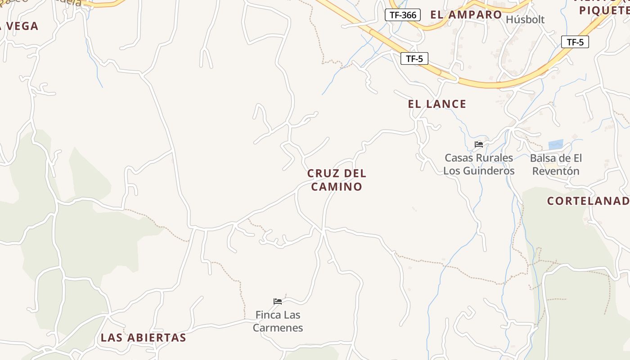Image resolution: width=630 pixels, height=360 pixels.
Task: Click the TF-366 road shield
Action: (403, 15)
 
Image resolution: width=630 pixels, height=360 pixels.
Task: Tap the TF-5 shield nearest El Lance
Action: (414, 58)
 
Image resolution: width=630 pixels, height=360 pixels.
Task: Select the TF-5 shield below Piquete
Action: (575, 42)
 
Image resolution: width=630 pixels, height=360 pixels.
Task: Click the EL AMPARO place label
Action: (466, 14)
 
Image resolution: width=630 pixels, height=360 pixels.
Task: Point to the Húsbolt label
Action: (525, 19)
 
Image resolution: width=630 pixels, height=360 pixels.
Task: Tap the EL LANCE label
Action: (437, 104)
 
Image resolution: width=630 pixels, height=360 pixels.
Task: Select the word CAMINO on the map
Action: (337, 187)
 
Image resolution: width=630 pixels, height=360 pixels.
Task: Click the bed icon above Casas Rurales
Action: (479, 144)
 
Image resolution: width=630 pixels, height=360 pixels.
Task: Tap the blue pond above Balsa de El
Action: (556, 145)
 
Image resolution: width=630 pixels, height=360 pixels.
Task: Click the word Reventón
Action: (556, 171)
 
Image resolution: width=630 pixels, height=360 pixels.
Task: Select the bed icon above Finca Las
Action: (278, 301)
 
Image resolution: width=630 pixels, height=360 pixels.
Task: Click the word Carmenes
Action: (278, 328)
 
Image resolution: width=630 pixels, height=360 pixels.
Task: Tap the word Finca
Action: (268, 315)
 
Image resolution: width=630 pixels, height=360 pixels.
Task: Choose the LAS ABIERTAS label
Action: (143, 337)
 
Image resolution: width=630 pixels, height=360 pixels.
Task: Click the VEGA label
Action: (22, 26)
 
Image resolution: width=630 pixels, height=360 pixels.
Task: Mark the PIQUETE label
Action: (604, 10)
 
